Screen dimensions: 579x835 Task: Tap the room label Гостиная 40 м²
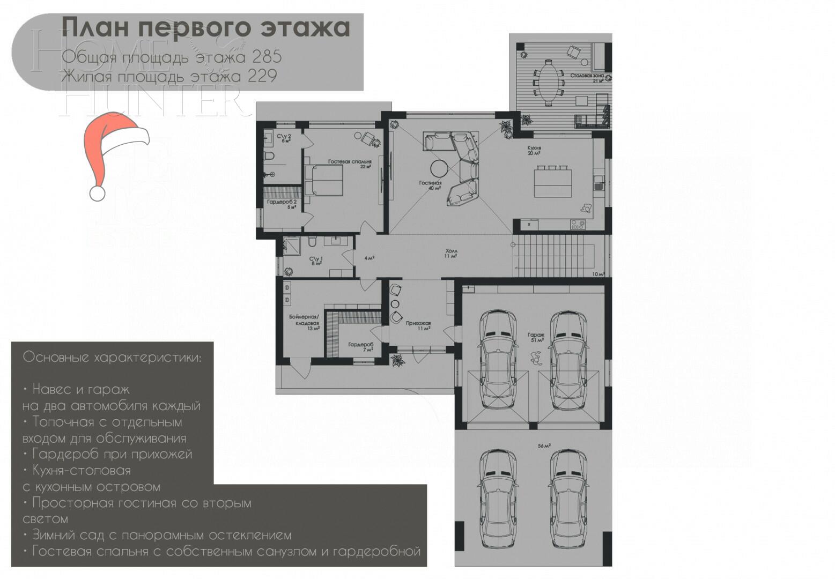[430, 185]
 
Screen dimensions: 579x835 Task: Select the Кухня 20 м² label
[534, 150]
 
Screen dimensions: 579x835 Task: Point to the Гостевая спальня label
[350, 163]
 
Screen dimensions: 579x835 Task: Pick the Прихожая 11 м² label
[418, 325]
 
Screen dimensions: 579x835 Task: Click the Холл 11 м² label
[451, 253]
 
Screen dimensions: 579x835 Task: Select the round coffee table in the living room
[439, 168]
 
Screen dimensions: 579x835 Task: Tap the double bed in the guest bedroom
[323, 180]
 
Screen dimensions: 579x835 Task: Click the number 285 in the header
[267, 57]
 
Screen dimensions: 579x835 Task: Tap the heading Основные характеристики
[113, 357]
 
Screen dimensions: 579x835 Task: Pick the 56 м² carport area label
[544, 446]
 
